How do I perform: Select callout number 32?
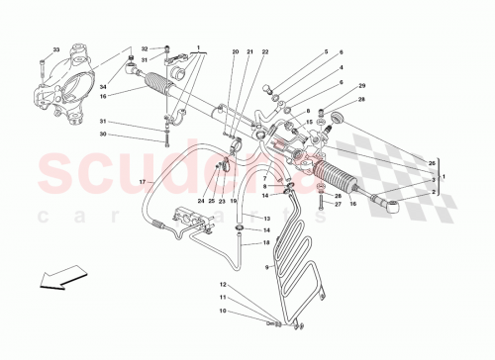coord(145,48)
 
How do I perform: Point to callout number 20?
coord(236,51)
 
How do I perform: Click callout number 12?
coord(222,285)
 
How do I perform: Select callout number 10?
coord(222,310)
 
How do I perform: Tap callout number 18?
coord(266,241)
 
